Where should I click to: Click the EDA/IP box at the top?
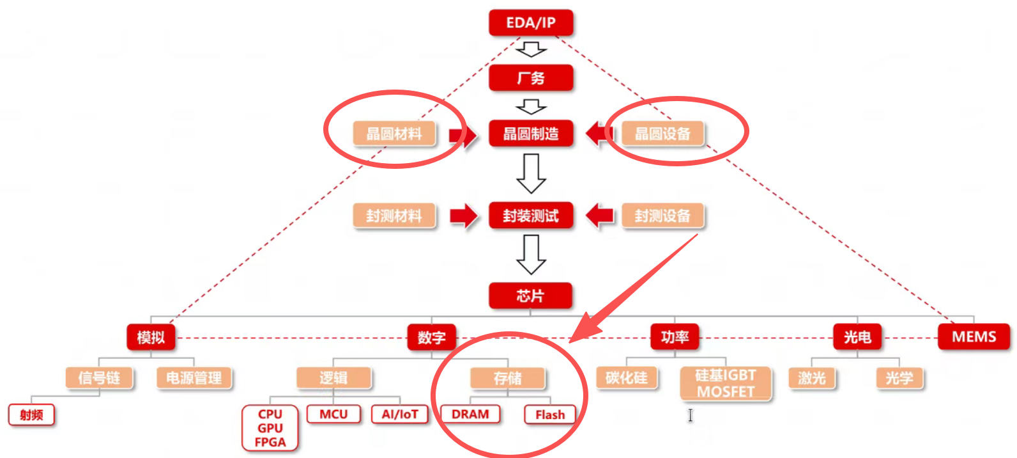[x=531, y=23]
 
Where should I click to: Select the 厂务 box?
[x=531, y=78]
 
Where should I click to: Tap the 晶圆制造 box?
[x=531, y=134]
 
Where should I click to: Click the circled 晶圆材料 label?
[x=394, y=134]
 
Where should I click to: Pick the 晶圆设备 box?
[x=662, y=134]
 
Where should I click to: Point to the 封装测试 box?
[x=531, y=216]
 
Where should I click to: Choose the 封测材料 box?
[x=394, y=216]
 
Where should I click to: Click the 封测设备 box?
[x=662, y=216]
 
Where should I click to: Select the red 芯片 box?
[x=531, y=296]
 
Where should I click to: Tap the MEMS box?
[x=974, y=336]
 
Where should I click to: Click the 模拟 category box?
[x=151, y=337]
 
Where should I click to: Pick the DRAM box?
[x=470, y=415]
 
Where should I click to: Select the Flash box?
[x=550, y=415]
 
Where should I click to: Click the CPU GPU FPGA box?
[x=270, y=428]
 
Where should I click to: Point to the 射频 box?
[x=31, y=415]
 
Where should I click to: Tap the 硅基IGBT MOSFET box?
[x=726, y=383]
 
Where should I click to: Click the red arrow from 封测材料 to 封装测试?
[x=463, y=216]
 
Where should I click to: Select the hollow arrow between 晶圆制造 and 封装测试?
[x=531, y=174]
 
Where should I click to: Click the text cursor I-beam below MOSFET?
[x=691, y=415]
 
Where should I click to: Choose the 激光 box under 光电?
[x=812, y=378]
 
